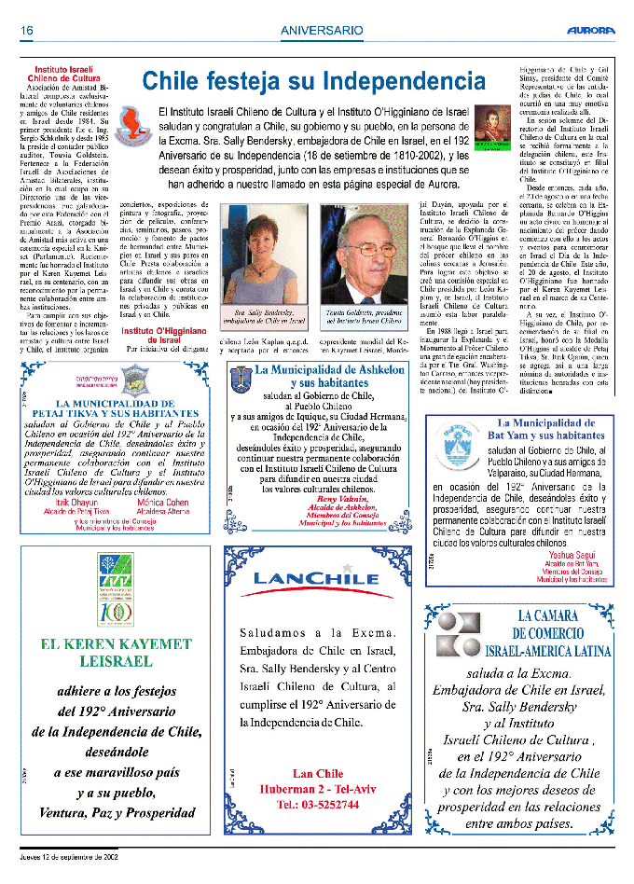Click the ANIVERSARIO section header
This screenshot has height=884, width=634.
point(322,31)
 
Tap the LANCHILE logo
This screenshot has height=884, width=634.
point(316,578)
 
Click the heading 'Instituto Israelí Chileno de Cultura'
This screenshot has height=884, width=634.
point(67,75)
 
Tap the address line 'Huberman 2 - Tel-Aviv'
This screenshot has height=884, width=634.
point(317,788)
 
